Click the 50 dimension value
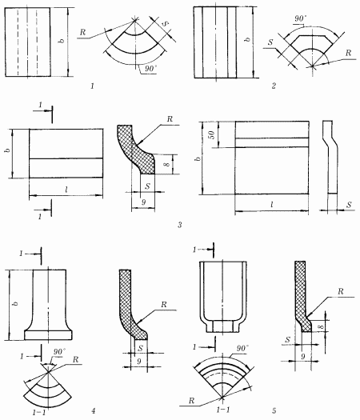click(211, 134)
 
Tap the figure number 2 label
click(274, 86)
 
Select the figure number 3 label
click(180, 225)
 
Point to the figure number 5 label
click(274, 410)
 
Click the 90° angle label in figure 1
click(150, 69)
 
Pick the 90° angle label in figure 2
click(300, 18)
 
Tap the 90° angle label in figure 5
click(242, 348)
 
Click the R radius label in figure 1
click(82, 32)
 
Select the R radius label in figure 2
click(348, 53)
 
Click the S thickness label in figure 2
click(270, 42)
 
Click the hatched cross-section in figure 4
click(130, 305)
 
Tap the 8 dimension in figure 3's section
click(168, 164)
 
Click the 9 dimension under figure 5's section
click(303, 357)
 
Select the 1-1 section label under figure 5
click(223, 410)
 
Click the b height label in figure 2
click(248, 39)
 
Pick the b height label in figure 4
click(15, 303)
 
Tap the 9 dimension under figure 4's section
click(138, 362)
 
